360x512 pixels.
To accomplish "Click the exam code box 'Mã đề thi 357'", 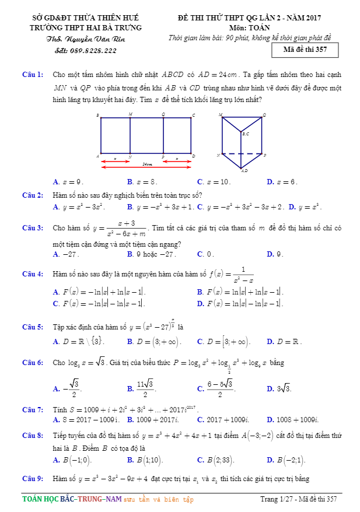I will point(305,50).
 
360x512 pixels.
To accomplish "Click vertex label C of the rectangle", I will point(193,115).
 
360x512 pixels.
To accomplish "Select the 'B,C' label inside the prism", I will point(246,134).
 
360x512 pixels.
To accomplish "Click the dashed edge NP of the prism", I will point(242,155).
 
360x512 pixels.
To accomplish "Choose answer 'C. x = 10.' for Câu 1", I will point(214,182).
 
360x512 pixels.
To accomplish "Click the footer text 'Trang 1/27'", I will point(277,499).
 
